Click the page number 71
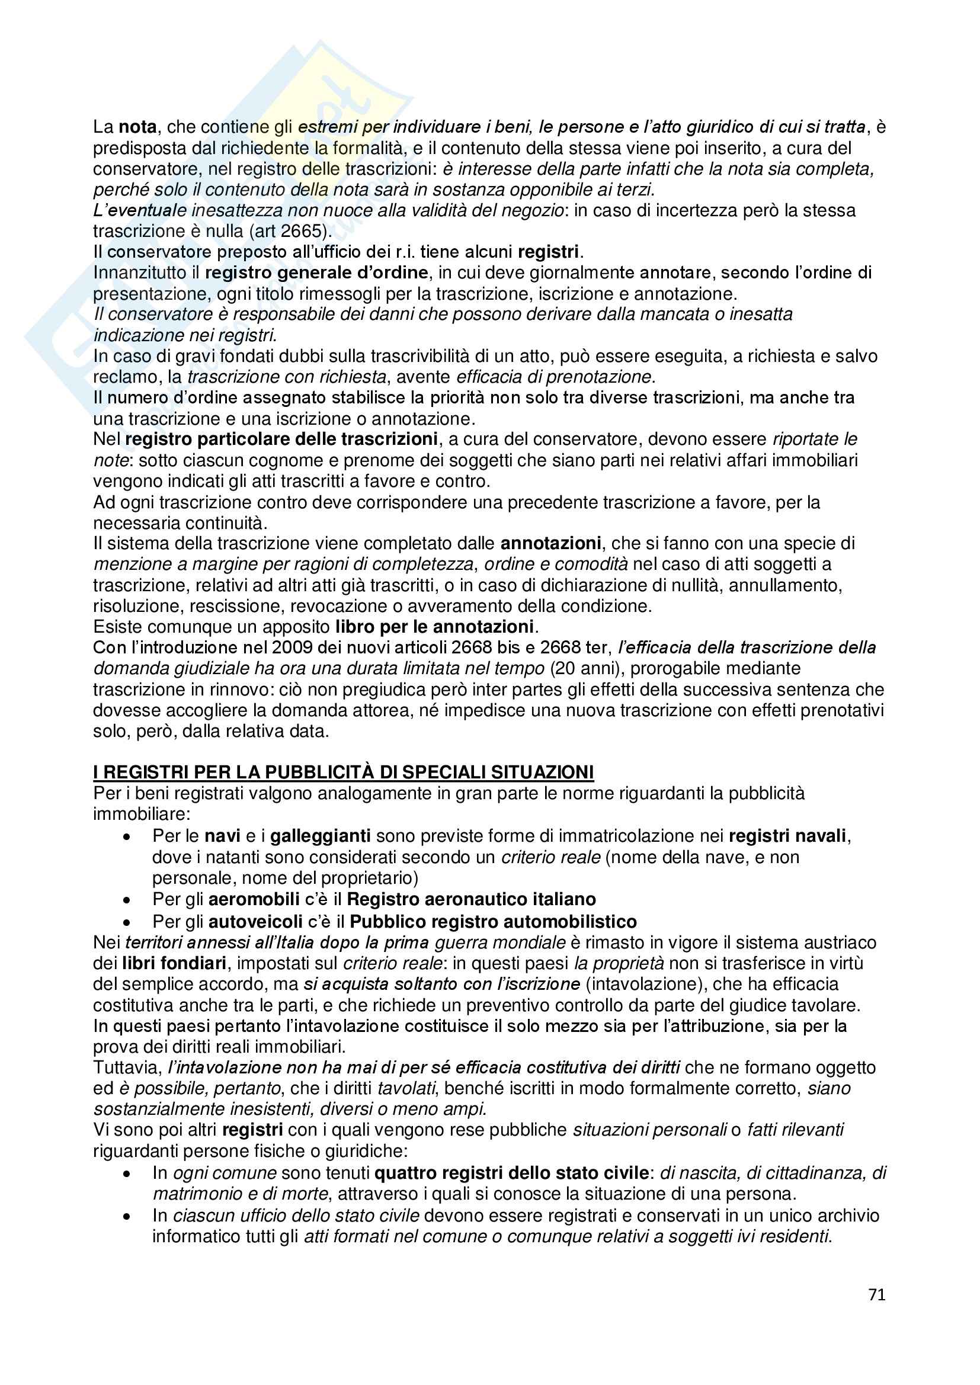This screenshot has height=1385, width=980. [877, 1294]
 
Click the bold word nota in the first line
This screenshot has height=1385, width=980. [137, 127]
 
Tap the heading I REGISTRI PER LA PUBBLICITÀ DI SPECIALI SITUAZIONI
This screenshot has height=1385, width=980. [344, 772]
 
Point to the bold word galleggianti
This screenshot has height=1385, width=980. [321, 836]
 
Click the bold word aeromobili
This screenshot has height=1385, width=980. [254, 899]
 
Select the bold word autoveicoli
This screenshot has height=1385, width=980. [255, 921]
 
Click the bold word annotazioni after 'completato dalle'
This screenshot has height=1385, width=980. [550, 543]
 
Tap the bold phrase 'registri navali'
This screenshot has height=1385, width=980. [788, 836]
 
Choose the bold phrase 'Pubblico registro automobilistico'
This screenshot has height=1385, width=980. [493, 921]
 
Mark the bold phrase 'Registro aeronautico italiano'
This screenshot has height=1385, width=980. [471, 899]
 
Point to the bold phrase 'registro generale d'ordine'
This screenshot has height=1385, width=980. [317, 272]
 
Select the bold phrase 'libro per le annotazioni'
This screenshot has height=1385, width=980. [434, 627]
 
